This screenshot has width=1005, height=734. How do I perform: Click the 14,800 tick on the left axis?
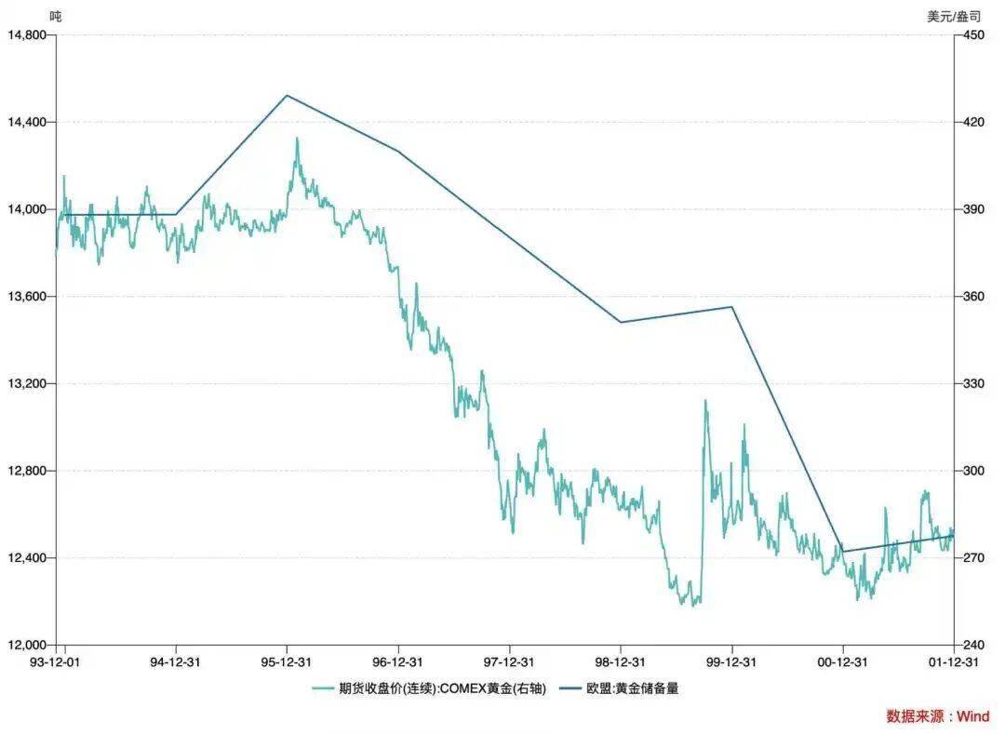27,35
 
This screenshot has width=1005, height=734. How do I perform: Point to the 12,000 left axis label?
27,646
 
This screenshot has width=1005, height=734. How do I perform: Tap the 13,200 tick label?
27,384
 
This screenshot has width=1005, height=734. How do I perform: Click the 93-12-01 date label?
57,662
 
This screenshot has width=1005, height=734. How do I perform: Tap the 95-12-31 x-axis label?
287,662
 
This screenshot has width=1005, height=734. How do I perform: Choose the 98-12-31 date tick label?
621,662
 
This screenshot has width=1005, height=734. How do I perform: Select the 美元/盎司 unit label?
954,16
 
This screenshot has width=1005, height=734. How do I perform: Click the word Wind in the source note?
973,716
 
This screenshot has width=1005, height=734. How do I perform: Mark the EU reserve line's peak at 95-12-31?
287,95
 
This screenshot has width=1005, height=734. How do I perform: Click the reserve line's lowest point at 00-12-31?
843,552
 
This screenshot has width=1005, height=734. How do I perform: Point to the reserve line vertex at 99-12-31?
731,307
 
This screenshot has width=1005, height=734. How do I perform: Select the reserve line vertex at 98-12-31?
621,322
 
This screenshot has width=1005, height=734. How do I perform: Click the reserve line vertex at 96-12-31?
398,151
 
